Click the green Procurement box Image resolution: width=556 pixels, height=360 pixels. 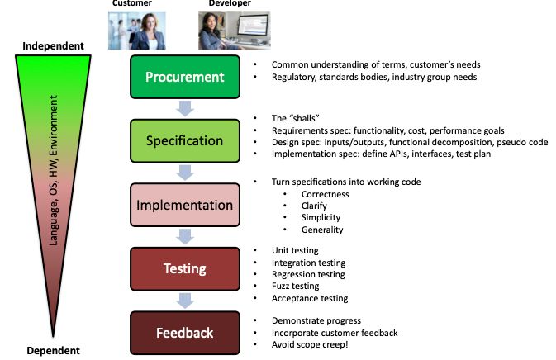coord(184,77)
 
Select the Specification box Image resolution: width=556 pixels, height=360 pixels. coord(184,140)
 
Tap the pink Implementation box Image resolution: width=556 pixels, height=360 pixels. coord(184,205)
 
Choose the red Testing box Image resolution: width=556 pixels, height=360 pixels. coord(184,268)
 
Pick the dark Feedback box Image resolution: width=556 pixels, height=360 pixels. coord(184,333)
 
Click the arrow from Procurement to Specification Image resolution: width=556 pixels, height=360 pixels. coord(185,109)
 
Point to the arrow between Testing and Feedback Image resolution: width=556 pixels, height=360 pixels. coord(185,301)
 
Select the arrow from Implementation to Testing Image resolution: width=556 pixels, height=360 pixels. coord(185,237)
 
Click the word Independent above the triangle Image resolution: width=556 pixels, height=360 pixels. coord(53,45)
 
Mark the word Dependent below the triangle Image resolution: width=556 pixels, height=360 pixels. coord(53,349)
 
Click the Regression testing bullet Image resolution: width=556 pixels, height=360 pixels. coord(308,274)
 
